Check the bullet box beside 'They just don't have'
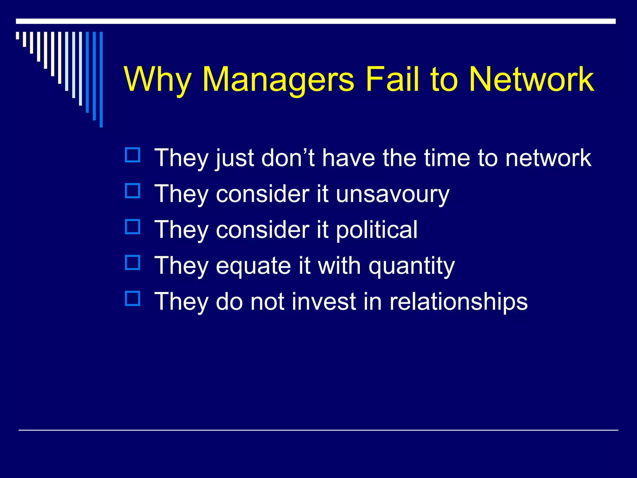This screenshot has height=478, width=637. coord(133,155)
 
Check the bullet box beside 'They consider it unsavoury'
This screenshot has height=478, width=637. coord(133,190)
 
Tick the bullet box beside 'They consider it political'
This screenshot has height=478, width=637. coord(133,227)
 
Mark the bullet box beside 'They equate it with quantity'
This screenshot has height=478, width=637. coord(133,262)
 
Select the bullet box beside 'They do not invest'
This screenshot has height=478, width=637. coord(133,298)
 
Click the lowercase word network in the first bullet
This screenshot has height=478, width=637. coord(548,158)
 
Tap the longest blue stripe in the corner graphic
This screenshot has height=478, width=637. coord(101,79)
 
